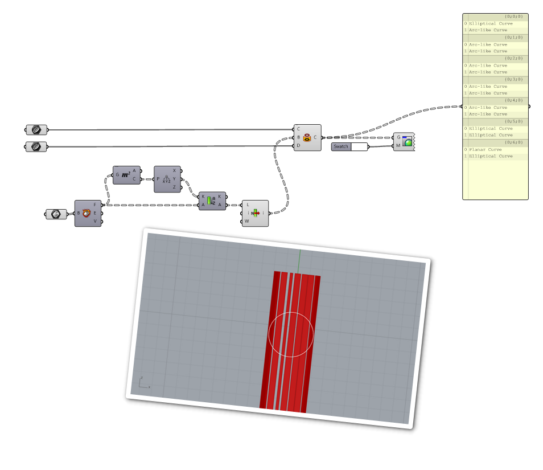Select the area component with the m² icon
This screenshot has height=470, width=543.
(x=126, y=175)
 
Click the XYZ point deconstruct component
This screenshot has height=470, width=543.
(x=167, y=179)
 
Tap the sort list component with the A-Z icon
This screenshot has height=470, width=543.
(x=212, y=201)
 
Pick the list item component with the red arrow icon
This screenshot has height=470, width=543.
(x=254, y=213)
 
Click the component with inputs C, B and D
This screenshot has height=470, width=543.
(x=307, y=137)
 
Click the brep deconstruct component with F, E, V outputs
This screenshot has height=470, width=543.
(x=88, y=214)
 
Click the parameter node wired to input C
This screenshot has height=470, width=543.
(x=36, y=129)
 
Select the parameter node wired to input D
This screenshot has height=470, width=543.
(x=36, y=146)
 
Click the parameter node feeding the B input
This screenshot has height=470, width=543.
(x=56, y=214)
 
